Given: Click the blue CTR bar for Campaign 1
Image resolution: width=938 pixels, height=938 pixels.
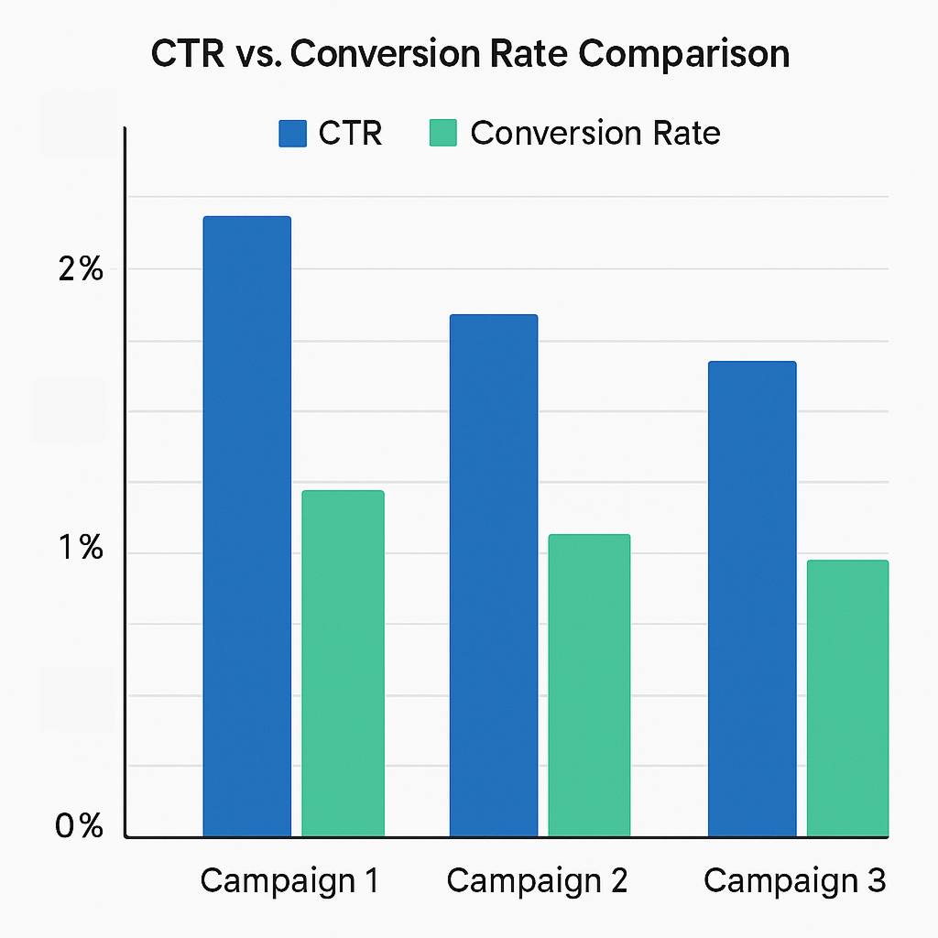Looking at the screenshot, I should [246, 527].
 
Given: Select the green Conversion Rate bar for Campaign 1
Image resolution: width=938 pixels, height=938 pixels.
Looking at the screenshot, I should [343, 663].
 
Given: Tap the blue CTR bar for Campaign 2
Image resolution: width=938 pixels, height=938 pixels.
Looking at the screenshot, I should [494, 575].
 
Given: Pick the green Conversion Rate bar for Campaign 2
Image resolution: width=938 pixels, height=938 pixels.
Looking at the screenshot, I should [589, 685].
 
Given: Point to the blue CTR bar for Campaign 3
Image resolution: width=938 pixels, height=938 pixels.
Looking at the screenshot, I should [752, 599].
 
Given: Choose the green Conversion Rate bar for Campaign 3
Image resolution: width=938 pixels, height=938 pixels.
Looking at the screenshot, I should [847, 698].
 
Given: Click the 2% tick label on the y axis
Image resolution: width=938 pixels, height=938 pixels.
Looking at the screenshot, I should [81, 270].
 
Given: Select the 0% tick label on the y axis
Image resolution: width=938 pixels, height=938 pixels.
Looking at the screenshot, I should [80, 826].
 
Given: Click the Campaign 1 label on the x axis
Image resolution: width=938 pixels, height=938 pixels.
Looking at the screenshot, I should [289, 881].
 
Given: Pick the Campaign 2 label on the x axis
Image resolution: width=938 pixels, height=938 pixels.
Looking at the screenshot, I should [537, 881].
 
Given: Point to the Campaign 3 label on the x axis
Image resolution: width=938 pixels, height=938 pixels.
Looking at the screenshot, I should [794, 881].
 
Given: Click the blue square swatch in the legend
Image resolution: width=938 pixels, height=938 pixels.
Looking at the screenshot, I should [292, 134].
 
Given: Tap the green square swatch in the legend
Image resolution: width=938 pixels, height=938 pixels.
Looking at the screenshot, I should [442, 134].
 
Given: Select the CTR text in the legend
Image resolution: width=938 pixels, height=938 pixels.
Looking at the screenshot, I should [350, 134].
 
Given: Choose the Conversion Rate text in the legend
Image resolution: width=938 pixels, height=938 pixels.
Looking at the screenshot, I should [595, 134].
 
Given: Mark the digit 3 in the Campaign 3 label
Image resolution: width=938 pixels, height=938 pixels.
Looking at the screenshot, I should [876, 881].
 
